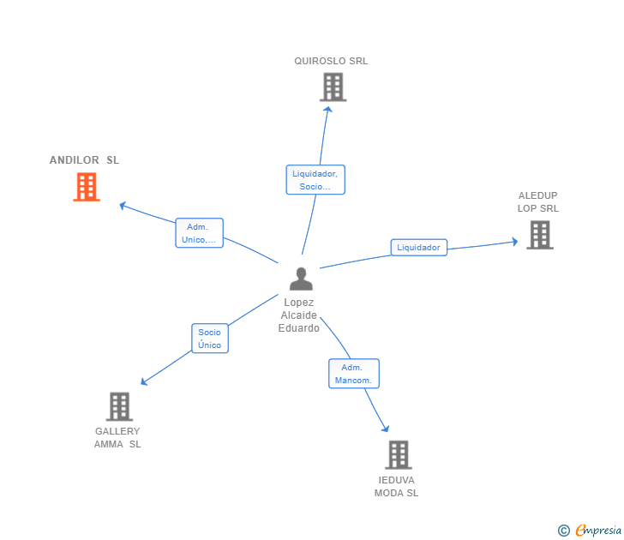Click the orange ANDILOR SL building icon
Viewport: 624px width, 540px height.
(87, 187)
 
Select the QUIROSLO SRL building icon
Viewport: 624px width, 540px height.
(333, 87)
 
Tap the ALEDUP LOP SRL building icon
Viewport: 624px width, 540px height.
(539, 235)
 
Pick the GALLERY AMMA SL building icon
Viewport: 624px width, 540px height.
(119, 406)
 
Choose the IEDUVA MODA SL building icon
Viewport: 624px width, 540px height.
(398, 454)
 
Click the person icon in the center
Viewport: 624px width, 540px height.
(300, 279)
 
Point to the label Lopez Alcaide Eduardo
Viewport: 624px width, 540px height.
(298, 315)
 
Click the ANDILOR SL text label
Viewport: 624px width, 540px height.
(84, 160)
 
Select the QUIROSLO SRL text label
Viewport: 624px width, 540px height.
(331, 61)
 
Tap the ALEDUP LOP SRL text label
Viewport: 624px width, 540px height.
(537, 201)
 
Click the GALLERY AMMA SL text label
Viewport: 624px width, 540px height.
(117, 438)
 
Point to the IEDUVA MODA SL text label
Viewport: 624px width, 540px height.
(396, 486)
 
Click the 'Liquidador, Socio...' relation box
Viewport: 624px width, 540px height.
(315, 180)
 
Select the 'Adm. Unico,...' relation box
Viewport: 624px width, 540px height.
(200, 233)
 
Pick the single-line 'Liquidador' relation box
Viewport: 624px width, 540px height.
(418, 248)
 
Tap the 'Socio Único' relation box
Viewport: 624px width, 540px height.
(209, 339)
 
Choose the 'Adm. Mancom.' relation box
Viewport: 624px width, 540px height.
(353, 374)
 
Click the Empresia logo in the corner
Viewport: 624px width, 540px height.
(598, 530)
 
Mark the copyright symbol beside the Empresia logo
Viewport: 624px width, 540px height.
(564, 531)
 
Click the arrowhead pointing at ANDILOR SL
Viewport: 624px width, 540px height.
(123, 205)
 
